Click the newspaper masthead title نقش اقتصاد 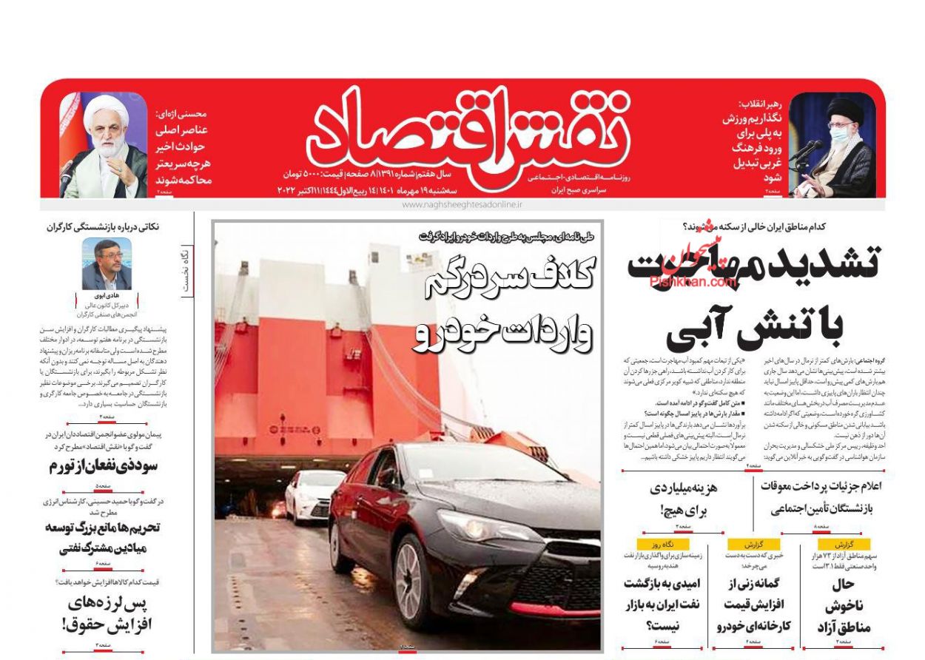[468, 135]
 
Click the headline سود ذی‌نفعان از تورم [103, 467]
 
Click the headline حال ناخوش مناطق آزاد [843, 606]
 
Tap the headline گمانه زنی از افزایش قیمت [753, 605]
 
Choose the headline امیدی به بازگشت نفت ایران [662, 605]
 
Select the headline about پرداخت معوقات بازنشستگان [819, 497]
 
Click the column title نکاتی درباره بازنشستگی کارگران [103, 227]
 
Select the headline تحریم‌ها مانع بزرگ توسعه [103, 538]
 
